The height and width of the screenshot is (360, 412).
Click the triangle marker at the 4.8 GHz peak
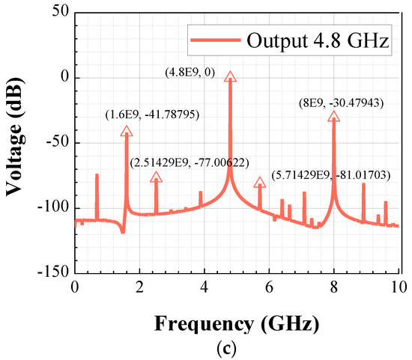[230, 76]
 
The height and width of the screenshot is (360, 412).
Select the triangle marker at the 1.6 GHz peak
[126, 131]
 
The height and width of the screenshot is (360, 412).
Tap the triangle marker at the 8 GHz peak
[333, 116]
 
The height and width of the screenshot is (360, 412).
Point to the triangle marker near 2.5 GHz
[156, 177]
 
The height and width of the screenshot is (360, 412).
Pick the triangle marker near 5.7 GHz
[260, 183]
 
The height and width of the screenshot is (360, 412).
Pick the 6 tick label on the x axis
[269, 287]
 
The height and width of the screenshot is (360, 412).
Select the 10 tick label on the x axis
[397, 287]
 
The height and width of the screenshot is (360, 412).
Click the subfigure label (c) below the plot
[236, 348]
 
